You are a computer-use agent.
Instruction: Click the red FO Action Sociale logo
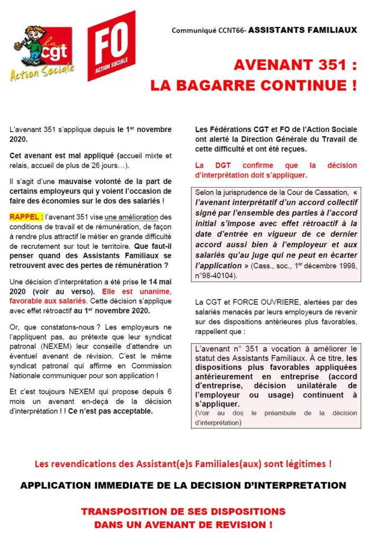coord(111,46)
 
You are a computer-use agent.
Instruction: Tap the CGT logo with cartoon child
coord(42,53)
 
